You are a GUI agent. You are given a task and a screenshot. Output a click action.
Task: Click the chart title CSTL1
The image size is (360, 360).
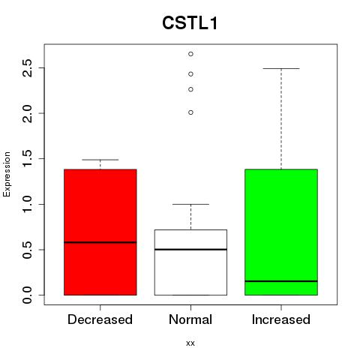coord(190,23)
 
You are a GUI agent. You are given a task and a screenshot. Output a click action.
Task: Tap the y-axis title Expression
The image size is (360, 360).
coord(7,174)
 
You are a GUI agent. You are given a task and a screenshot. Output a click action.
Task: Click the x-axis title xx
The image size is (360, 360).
coord(190,343)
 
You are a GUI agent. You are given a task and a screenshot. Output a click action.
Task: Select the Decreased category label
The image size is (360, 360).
coord(100,319)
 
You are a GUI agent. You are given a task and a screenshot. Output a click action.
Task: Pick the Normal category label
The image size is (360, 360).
coord(190,319)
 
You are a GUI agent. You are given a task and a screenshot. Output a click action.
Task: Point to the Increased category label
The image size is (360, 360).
coord(281,319)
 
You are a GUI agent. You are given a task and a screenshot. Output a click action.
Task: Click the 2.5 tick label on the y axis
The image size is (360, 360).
coord(27,67)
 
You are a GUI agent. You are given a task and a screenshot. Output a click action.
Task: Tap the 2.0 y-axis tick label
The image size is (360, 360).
coord(27,113)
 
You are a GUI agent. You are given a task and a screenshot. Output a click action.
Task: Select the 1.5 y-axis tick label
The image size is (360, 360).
coord(27,159)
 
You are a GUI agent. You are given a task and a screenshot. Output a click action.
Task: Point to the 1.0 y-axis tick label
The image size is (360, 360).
coord(27,204)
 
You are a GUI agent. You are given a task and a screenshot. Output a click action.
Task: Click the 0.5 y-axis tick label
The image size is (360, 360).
coord(27,250)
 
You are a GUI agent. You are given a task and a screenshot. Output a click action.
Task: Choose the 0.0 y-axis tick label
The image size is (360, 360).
coord(27,295)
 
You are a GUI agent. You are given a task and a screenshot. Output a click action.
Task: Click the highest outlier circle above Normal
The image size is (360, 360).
coord(190,54)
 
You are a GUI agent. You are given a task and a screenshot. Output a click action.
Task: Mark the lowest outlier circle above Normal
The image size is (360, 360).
coord(190,112)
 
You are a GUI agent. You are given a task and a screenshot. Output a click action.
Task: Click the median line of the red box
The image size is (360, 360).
coord(100,242)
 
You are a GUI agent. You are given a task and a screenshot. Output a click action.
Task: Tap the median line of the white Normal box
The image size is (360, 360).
coord(190,250)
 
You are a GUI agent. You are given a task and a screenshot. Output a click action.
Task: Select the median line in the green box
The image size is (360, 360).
coord(281,281)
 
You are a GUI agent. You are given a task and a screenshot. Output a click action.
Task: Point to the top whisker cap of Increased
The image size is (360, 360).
coord(281,68)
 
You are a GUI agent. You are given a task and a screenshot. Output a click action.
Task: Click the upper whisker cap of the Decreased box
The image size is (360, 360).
coord(100,160)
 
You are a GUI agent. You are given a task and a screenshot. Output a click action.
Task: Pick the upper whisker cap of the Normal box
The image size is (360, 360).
coord(190,204)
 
